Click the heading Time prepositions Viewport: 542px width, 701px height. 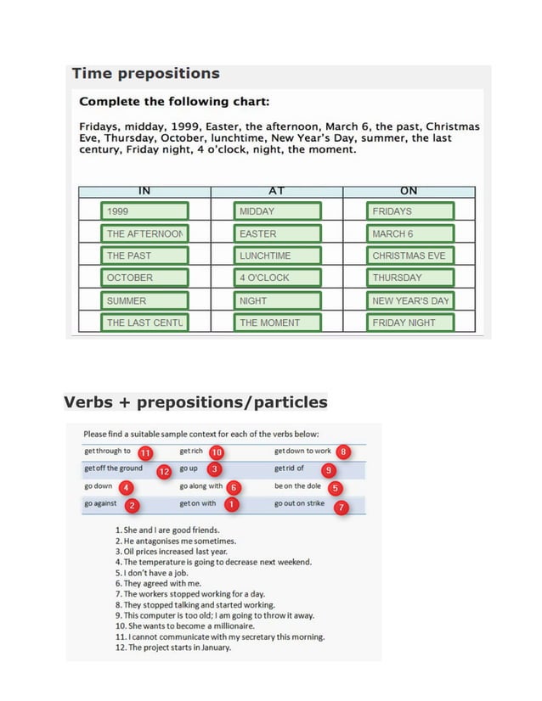(x=145, y=74)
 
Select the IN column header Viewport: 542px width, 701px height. (x=144, y=192)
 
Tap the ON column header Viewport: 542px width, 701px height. (x=409, y=192)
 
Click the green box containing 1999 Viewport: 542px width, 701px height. (x=143, y=211)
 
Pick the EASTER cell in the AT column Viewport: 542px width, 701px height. (x=278, y=233)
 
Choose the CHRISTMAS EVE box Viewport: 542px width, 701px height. (x=410, y=255)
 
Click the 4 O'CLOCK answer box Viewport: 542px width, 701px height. (x=278, y=278)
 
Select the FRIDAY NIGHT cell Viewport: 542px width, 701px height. (x=410, y=322)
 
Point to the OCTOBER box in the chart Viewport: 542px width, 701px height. (x=143, y=278)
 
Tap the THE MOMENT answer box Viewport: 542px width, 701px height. (x=278, y=322)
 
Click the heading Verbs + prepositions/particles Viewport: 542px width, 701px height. (x=195, y=401)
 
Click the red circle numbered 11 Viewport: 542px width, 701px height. (x=145, y=453)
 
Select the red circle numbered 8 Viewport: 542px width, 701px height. (x=343, y=451)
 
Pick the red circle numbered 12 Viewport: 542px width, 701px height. (x=164, y=471)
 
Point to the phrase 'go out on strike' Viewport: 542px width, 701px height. (x=300, y=504)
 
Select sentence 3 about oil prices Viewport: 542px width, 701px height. (x=170, y=552)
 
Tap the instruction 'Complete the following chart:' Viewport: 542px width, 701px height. (x=174, y=102)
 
